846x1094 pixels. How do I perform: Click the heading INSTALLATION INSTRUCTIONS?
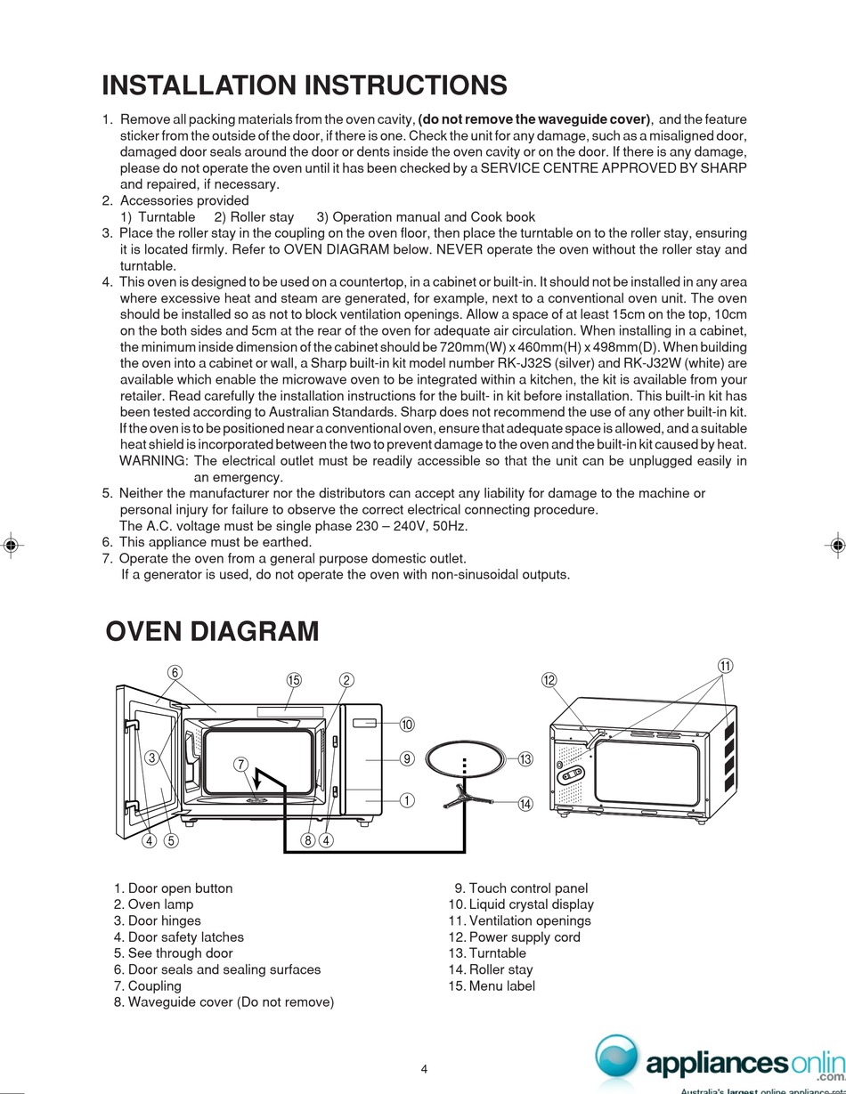(x=305, y=85)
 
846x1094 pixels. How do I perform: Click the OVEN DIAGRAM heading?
(x=212, y=632)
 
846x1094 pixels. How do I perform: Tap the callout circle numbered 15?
(x=294, y=680)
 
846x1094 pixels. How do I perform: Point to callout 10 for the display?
(x=407, y=725)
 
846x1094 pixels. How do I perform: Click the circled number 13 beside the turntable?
(x=525, y=759)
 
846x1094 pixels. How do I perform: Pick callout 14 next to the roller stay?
(x=525, y=804)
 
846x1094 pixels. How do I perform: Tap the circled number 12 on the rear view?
(x=549, y=680)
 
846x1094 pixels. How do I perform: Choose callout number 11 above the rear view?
(x=725, y=666)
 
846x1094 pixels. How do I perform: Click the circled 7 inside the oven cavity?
(x=240, y=764)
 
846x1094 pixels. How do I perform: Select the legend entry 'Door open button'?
(x=180, y=888)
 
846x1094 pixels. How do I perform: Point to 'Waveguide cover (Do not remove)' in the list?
(x=231, y=1002)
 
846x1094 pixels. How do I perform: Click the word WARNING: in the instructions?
(x=153, y=460)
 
